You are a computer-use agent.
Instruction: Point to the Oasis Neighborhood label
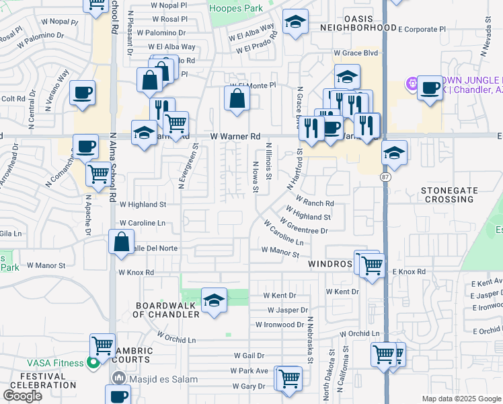pyautogui.click(x=357, y=22)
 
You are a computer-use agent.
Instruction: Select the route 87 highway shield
pyautogui.click(x=385, y=176)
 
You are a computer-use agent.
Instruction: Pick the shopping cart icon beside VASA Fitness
pyautogui.click(x=102, y=346)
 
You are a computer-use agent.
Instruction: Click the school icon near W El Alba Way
pyautogui.click(x=295, y=24)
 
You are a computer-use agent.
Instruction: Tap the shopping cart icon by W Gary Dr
pyautogui.click(x=288, y=379)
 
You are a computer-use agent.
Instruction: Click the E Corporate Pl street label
pyautogui.click(x=422, y=30)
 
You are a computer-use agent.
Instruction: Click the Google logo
pyautogui.click(x=23, y=396)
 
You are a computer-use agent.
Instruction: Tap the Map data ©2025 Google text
pyautogui.click(x=461, y=399)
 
